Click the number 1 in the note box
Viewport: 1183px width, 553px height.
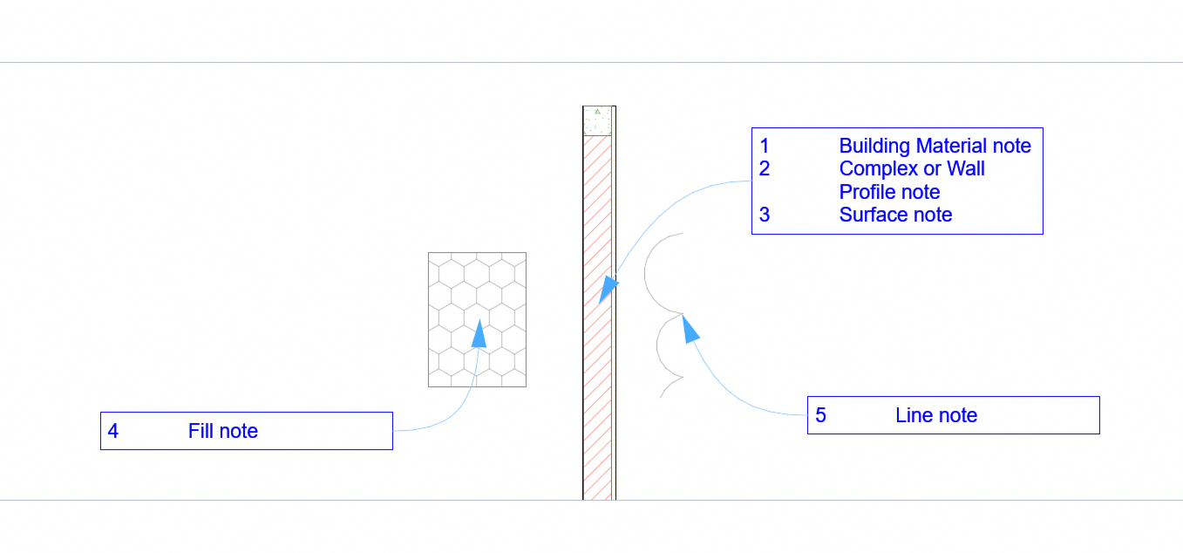pos(765,146)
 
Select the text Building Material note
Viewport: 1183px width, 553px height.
pos(935,146)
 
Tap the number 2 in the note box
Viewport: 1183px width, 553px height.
pos(765,168)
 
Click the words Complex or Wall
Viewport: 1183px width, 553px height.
pos(912,168)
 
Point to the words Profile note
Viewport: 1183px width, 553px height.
pos(889,192)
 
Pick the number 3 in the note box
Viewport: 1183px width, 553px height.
pos(765,215)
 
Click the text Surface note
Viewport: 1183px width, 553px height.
pos(895,215)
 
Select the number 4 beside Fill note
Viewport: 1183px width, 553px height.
pos(113,431)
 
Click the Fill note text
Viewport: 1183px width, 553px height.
pos(223,431)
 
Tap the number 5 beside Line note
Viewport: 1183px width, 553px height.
pos(820,415)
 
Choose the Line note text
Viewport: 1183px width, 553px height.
pos(936,415)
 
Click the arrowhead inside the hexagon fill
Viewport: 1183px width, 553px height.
pos(479,334)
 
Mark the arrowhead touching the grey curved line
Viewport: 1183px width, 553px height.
pos(690,329)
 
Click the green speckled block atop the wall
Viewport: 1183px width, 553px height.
pos(597,121)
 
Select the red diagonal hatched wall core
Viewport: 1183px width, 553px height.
pos(597,317)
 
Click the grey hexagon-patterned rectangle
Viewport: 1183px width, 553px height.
pos(477,319)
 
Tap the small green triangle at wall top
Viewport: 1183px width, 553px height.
pos(597,112)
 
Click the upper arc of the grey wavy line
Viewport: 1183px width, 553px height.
pos(645,274)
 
